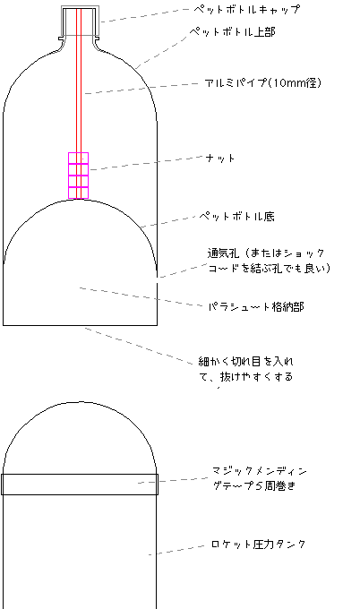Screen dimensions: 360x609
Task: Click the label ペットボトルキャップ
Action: [x=247, y=9]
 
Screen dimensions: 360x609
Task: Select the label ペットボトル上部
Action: [x=232, y=31]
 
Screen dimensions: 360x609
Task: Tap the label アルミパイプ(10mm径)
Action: [x=263, y=82]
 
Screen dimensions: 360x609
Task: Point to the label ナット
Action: [x=220, y=159]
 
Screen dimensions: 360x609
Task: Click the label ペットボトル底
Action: [x=237, y=216]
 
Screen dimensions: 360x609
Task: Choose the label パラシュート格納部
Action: [x=256, y=307]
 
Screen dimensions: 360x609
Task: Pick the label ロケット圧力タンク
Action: [x=258, y=545]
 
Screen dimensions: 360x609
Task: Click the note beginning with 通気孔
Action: [x=269, y=261]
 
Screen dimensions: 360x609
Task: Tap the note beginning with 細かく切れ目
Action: [x=246, y=369]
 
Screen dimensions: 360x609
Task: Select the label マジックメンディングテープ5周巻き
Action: [x=260, y=478]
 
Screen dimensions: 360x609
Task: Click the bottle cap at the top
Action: [x=80, y=21]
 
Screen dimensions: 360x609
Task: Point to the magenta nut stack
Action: [x=79, y=176]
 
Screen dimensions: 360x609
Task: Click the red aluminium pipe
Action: [x=79, y=103]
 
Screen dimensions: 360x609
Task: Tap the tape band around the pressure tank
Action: [x=80, y=485]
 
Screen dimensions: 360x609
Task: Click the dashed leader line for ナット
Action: [x=147, y=163]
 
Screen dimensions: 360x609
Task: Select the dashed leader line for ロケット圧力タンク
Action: [x=176, y=550]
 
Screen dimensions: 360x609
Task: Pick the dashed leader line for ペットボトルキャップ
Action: [x=145, y=15]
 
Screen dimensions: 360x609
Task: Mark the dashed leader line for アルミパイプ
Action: [x=141, y=88]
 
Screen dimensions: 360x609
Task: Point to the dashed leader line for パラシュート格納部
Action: [x=141, y=297]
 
